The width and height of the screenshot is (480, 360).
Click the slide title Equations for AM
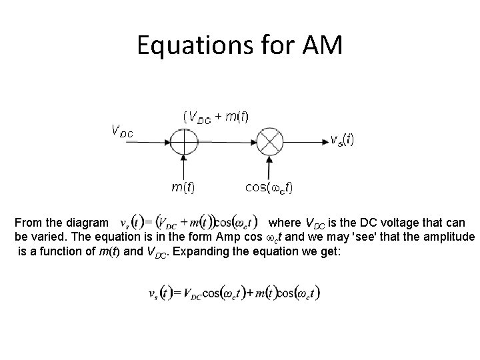click(x=239, y=45)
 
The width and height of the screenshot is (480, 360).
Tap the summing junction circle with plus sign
click(x=183, y=142)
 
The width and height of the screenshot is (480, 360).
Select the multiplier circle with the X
click(x=271, y=142)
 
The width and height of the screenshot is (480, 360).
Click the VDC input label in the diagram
click(x=121, y=131)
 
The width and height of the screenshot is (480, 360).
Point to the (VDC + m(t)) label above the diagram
click(x=216, y=117)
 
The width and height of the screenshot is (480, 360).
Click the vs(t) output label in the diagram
click(x=342, y=140)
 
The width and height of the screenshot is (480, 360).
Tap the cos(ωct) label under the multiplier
click(x=269, y=187)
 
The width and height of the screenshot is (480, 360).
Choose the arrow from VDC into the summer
click(x=153, y=142)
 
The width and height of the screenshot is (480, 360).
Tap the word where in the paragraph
click(x=283, y=223)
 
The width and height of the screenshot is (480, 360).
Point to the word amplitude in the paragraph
click(x=449, y=237)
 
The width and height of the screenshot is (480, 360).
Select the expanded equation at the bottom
click(x=233, y=293)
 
